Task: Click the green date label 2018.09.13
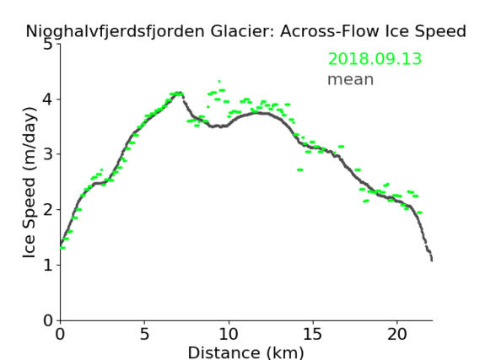[x=375, y=59]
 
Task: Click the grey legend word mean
[x=351, y=79]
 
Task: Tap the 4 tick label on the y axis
[x=48, y=99]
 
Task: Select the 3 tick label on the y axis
[x=48, y=154]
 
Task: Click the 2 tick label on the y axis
[x=48, y=210]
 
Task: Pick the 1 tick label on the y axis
[x=48, y=265]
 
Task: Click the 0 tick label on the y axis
[x=48, y=320]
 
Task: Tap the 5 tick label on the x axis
[x=144, y=334]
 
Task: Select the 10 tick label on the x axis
[x=229, y=334]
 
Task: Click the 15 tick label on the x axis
[x=313, y=334]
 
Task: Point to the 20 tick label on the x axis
[x=397, y=334]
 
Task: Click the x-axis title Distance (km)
[x=245, y=352]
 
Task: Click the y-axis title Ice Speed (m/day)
[x=30, y=182]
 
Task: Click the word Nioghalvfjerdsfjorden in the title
[x=115, y=31]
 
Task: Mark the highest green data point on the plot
[x=219, y=82]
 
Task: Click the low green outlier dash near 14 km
[x=300, y=169]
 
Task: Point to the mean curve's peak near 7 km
[x=181, y=93]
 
